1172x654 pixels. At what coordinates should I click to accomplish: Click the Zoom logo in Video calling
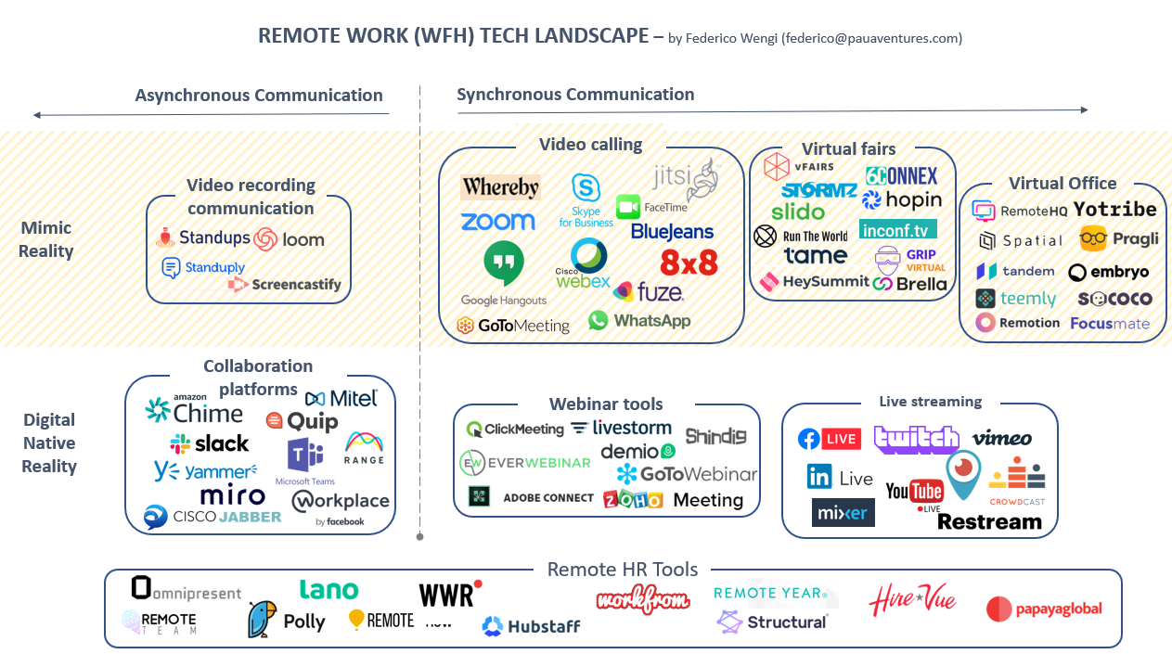498,222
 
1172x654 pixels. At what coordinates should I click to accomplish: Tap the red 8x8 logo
689,262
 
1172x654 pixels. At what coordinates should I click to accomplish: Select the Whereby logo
500,187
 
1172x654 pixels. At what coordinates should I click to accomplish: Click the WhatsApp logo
639,320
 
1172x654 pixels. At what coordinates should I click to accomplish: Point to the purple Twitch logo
916,439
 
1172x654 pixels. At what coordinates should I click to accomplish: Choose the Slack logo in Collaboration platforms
210,443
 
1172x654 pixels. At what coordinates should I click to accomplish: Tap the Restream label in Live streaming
989,521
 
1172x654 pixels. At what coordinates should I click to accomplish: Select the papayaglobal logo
1044,609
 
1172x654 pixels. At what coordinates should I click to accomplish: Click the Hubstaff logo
531,626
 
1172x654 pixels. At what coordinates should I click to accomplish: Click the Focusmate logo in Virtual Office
1110,324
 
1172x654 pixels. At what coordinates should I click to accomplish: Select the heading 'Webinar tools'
606,404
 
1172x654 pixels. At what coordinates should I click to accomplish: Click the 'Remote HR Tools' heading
622,570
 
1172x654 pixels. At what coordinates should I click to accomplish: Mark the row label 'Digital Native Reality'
49,442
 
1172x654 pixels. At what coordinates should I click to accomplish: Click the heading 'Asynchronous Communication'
259,95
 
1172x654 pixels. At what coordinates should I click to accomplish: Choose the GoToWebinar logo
687,474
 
